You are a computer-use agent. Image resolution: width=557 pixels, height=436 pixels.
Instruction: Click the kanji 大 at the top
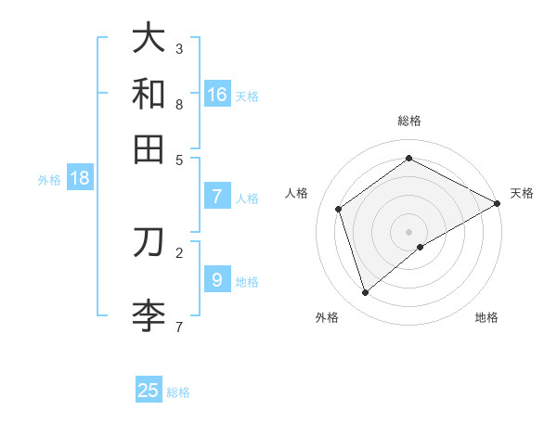[149, 39]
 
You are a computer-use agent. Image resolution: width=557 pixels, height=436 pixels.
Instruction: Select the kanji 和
[149, 93]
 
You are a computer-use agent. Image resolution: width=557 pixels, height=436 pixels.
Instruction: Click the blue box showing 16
[217, 94]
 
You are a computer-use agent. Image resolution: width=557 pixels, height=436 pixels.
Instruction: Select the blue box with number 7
[217, 197]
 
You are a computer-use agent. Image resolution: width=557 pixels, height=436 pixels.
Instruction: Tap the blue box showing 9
[216, 280]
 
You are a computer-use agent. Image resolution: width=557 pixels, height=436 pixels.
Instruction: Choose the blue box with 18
[80, 179]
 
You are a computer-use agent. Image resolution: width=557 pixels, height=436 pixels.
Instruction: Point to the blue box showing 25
[149, 391]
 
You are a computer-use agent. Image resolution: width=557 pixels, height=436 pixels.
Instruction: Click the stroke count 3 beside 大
[179, 48]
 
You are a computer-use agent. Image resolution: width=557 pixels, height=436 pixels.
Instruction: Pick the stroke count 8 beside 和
[179, 104]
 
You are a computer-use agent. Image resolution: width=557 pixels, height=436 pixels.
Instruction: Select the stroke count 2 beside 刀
[179, 250]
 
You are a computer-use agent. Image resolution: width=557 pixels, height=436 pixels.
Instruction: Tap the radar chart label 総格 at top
[408, 121]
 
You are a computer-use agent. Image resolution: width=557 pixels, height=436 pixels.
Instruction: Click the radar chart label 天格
[522, 193]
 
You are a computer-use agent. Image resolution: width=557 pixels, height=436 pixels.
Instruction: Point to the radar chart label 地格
[486, 317]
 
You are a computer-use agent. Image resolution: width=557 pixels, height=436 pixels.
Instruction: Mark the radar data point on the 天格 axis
[498, 203]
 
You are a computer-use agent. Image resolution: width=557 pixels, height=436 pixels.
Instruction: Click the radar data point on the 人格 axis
[339, 209]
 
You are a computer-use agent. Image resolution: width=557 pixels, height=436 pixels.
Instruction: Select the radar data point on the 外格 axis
[365, 293]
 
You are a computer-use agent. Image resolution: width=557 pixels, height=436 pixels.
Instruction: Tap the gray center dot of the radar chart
[408, 231]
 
